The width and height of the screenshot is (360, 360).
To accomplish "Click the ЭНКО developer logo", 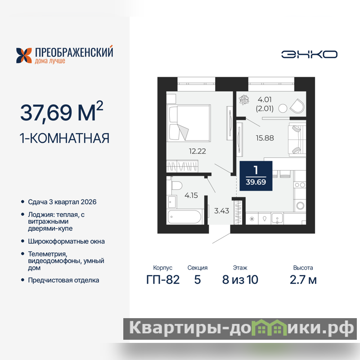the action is pos(309,54).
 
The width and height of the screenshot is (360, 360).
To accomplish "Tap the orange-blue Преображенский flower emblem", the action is pos(24,55).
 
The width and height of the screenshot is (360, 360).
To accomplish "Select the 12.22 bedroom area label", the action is pos(198,151).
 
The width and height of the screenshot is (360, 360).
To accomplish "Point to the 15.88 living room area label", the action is pos(265,138).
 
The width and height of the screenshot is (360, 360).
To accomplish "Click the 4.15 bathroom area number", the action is pos(191,195).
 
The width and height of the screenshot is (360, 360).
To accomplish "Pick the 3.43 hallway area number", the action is pos(221,211).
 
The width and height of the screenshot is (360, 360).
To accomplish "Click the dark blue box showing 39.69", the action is pos(256,176).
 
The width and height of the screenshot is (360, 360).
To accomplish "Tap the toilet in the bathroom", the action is pos(176,185).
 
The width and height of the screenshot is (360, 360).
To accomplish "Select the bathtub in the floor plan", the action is pos(184,217).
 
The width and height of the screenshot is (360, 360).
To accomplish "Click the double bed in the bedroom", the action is pos(189,123).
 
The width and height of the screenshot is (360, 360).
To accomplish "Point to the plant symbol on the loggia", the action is pos(244,100).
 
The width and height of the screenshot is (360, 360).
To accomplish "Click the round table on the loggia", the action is pos(283,108).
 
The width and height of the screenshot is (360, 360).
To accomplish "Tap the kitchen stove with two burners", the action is pos(300,185).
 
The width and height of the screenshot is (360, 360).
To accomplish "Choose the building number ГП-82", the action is pos(163,279).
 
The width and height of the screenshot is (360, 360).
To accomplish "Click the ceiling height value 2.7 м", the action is pos(303,279).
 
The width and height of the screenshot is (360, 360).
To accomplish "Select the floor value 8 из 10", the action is pos(240,279).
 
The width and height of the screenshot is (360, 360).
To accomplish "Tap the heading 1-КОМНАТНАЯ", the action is pos(64,138).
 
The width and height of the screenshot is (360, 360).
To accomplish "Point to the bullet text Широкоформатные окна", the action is pos(66,241).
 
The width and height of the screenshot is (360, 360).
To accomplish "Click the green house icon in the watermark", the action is pos(269,328).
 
